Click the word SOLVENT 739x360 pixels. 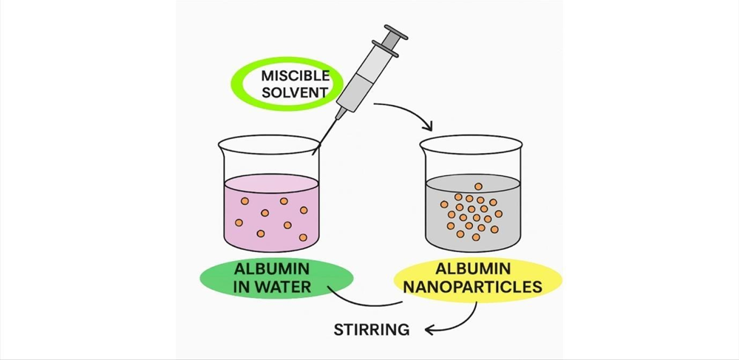point(295,93)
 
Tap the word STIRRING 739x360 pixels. point(372,329)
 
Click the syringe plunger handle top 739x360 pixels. point(397,34)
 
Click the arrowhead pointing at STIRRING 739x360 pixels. point(429,329)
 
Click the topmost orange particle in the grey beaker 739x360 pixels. point(478,186)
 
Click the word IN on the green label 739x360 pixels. point(241,286)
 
